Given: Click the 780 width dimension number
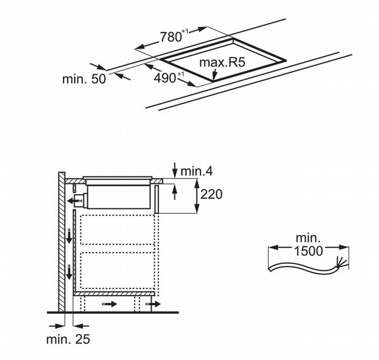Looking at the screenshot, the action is [x=171, y=37].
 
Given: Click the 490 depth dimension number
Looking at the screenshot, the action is [x=164, y=78].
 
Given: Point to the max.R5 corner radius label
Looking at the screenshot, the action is [x=222, y=62].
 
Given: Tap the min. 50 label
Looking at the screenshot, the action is [x=84, y=78].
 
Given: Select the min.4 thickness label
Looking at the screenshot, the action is [x=196, y=171].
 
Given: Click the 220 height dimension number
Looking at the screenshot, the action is [x=211, y=194].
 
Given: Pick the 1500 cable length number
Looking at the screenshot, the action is [x=309, y=250].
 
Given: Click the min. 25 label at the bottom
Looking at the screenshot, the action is [x=68, y=339].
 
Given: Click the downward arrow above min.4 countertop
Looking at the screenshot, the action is [x=175, y=170].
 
